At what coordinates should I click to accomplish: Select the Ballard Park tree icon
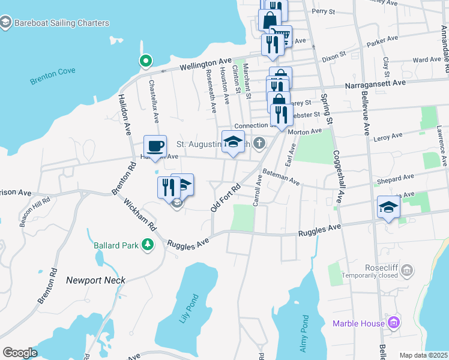point(146,245)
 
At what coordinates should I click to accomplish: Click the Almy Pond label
point(304,334)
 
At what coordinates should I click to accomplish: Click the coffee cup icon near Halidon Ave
point(155,146)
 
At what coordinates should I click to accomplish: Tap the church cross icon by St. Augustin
point(259,143)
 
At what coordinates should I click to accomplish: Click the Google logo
point(20,353)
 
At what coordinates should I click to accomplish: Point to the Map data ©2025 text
point(423,355)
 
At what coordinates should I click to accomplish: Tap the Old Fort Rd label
point(225,197)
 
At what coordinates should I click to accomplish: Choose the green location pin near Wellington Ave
point(145,60)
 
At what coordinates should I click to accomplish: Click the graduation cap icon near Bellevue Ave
point(388,208)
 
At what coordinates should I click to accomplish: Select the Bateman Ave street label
point(281,176)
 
